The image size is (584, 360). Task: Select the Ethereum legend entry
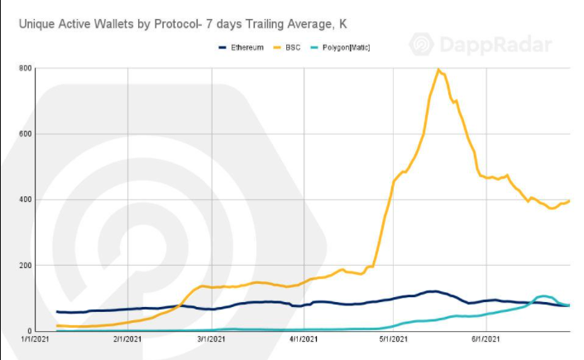tap(246, 47)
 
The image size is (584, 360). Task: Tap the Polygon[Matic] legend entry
tap(346, 47)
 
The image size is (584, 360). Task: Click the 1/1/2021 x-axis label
tap(37, 339)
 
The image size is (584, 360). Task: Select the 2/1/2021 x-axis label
tap(127, 339)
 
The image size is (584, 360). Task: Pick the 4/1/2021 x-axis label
tap(304, 339)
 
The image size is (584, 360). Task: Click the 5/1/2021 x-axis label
tap(394, 339)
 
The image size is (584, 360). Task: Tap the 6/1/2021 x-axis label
tap(486, 339)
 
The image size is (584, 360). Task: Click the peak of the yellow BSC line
tap(438, 70)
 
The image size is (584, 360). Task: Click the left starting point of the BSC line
tap(57, 326)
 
